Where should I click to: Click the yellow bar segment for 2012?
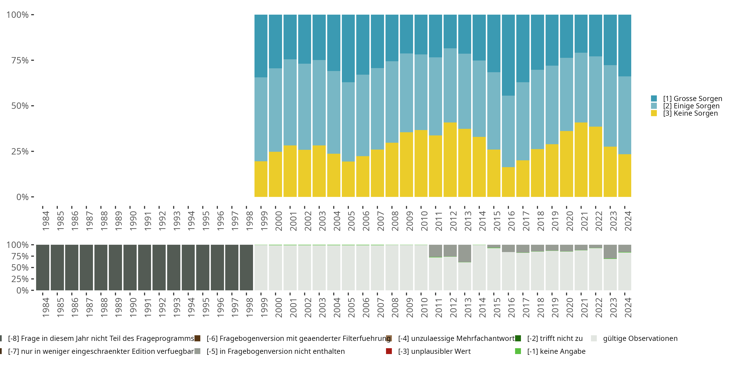(x=450, y=160)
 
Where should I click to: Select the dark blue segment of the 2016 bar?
(x=508, y=55)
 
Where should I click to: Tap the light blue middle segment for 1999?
(x=261, y=119)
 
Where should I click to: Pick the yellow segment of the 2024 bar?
(x=625, y=176)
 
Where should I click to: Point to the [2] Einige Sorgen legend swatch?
(x=654, y=106)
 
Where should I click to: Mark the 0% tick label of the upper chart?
(x=22, y=197)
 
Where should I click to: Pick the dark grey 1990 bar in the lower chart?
(x=130, y=268)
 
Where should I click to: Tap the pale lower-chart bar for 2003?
(x=319, y=268)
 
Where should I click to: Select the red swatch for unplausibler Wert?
(x=389, y=351)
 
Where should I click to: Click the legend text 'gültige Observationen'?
(x=640, y=338)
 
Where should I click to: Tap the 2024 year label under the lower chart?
(x=628, y=307)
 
